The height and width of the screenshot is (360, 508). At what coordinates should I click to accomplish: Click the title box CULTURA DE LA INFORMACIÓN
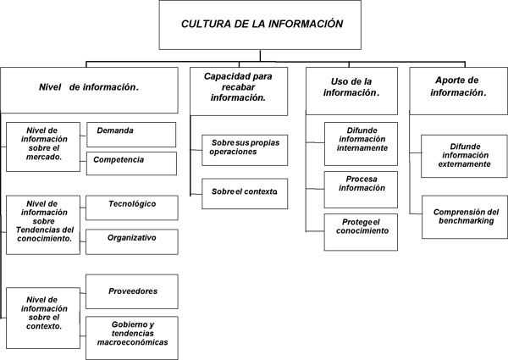pos(260,25)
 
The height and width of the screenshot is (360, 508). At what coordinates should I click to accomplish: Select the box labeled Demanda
pos(131,135)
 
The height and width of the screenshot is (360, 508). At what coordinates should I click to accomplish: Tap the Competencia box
pos(131,163)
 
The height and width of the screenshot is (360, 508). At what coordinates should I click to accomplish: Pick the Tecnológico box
pos(132,208)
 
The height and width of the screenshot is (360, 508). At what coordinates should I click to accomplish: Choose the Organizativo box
pos(132,241)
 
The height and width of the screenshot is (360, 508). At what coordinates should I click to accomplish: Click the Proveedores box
pos(132,291)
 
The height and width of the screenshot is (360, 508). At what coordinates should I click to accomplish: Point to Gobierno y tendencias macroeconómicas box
pos(132,338)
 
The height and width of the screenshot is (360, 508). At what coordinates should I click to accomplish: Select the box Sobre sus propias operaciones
pos(245,150)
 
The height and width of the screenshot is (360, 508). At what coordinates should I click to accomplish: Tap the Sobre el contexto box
pos(245,194)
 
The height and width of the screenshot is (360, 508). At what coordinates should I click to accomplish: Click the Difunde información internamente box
pos(361,144)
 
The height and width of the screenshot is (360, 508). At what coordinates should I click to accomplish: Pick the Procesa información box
pos(361,190)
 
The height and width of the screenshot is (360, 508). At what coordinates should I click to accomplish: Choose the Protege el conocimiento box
pos(361,232)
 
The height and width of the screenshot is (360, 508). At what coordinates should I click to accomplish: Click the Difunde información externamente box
pos(464,156)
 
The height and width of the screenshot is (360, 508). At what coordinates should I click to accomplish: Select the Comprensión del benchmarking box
pos(465,217)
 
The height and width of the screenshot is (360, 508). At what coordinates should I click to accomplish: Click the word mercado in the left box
pos(43,158)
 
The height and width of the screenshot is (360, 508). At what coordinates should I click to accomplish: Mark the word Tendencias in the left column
pos(34,230)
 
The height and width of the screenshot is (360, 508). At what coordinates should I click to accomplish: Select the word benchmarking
pos(467,221)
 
